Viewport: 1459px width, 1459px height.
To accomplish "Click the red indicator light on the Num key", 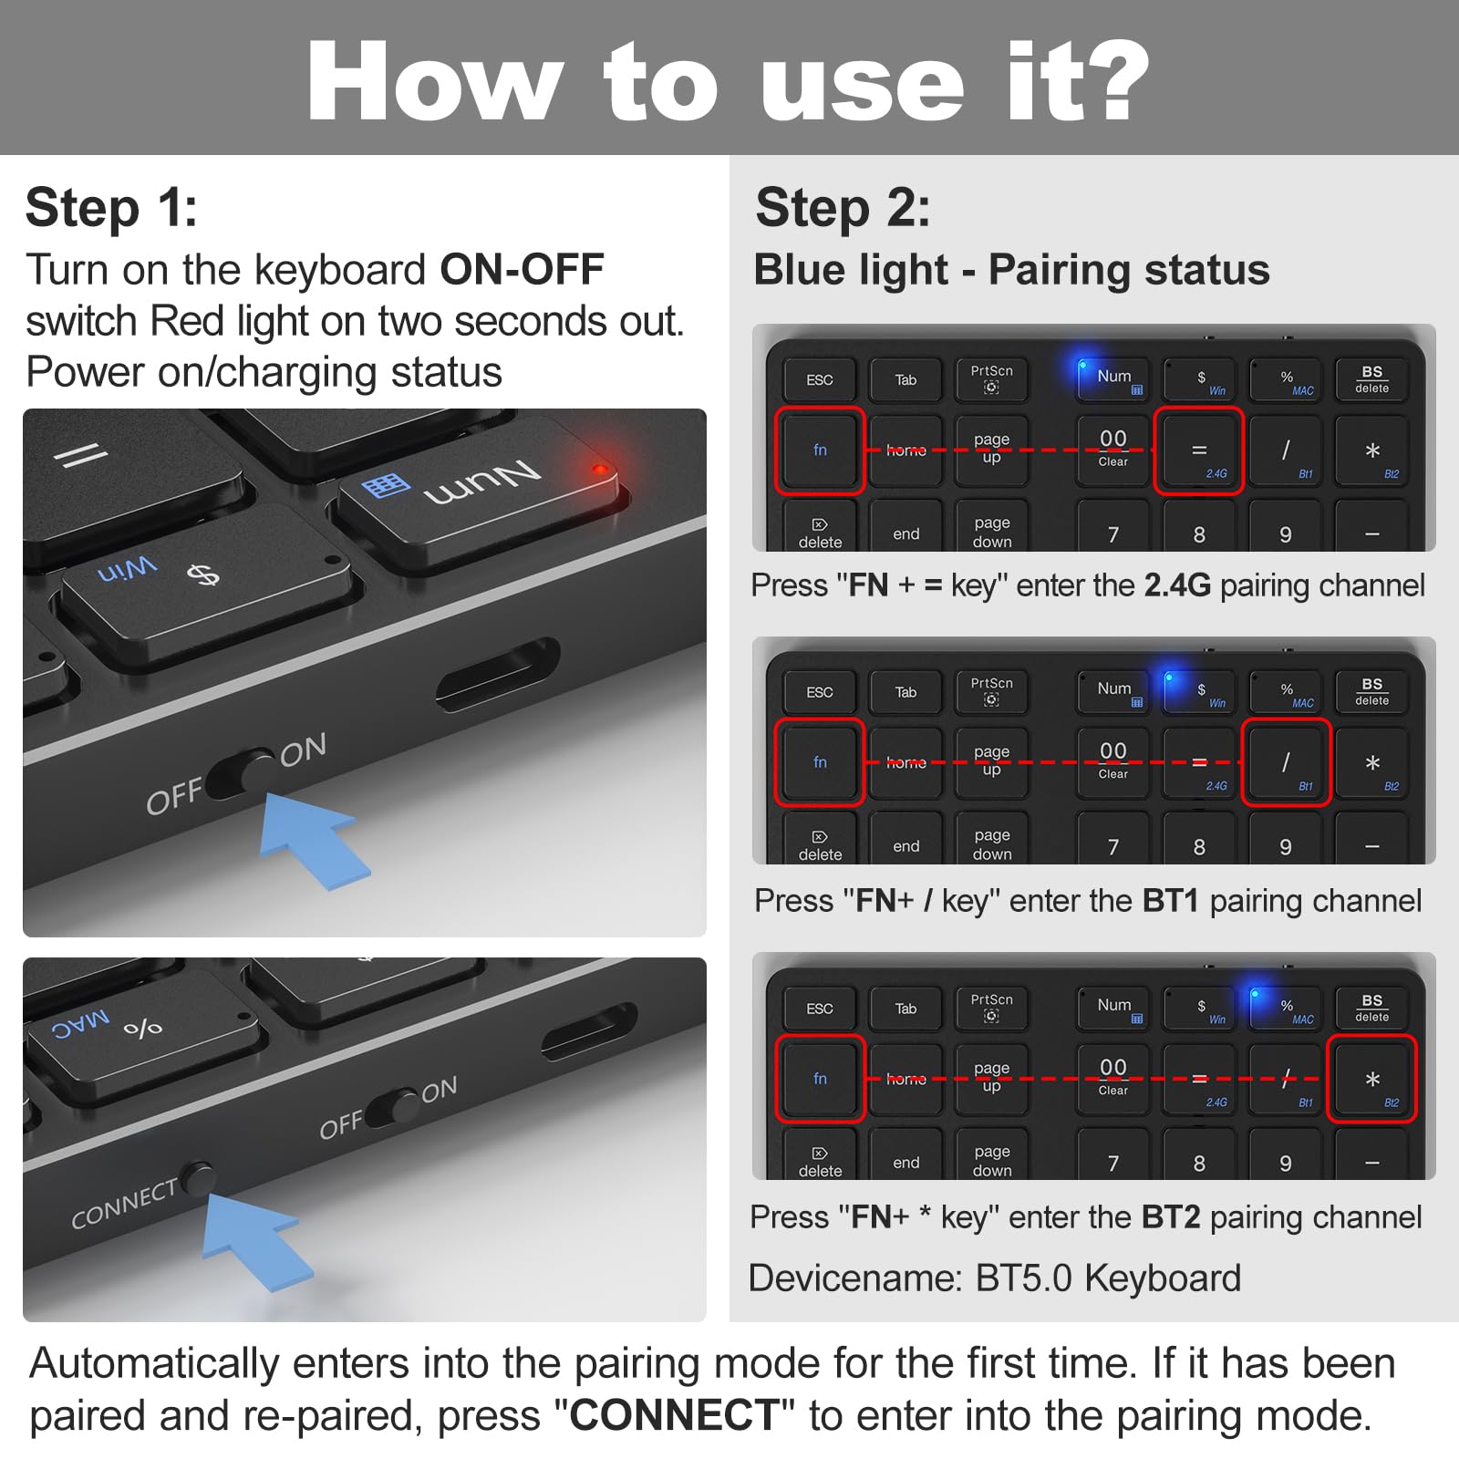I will (x=600, y=470).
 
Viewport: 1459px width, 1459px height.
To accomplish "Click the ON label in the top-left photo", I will (x=303, y=750).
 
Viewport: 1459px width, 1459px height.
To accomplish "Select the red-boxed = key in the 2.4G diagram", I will (x=1199, y=450).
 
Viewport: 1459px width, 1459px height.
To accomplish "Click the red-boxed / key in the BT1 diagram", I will (x=1286, y=762).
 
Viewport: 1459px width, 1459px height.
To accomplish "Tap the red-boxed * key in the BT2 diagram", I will (x=1371, y=1079).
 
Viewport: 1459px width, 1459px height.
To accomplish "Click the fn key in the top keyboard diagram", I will (x=820, y=450).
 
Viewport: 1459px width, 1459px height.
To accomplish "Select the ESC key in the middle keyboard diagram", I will (x=820, y=692).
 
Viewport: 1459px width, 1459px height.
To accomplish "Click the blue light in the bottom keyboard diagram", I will (x=1256, y=994).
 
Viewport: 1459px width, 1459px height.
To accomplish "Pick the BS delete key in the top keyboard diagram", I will (x=1371, y=379).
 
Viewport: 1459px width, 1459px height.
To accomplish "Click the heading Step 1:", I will (x=111, y=208).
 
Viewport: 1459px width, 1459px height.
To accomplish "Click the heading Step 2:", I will (x=843, y=208).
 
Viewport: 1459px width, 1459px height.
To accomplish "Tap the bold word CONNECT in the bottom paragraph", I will (x=674, y=1416).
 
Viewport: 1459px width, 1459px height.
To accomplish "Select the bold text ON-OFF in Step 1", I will (x=522, y=270).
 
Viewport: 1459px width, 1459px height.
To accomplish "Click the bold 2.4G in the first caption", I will (x=1176, y=585).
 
